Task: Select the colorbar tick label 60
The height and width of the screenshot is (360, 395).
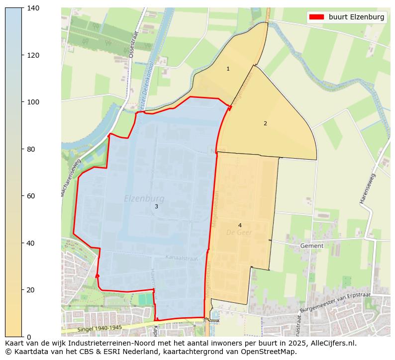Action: [x=31, y=196]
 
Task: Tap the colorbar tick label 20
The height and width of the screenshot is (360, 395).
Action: [x=31, y=290]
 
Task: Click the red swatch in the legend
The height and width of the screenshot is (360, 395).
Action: [x=316, y=17]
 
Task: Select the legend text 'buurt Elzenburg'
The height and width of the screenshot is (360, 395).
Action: [x=356, y=17]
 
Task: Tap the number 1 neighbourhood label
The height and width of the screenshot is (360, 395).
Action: [x=228, y=69]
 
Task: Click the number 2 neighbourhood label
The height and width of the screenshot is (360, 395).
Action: [x=265, y=123]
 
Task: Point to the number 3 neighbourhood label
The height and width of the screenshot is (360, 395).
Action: [x=156, y=206]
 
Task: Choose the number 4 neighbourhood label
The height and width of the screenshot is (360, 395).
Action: [x=240, y=225]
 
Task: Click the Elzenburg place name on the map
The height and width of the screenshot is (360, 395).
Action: [x=144, y=199]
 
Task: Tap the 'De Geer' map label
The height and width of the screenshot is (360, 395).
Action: [x=239, y=232]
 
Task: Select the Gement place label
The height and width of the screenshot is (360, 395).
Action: [x=312, y=246]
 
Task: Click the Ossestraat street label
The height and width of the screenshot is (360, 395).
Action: [x=132, y=45]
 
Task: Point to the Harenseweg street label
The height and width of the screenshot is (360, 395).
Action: [x=368, y=188]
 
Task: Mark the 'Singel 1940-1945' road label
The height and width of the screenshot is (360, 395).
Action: [x=99, y=328]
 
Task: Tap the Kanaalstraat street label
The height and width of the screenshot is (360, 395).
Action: [x=182, y=258]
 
